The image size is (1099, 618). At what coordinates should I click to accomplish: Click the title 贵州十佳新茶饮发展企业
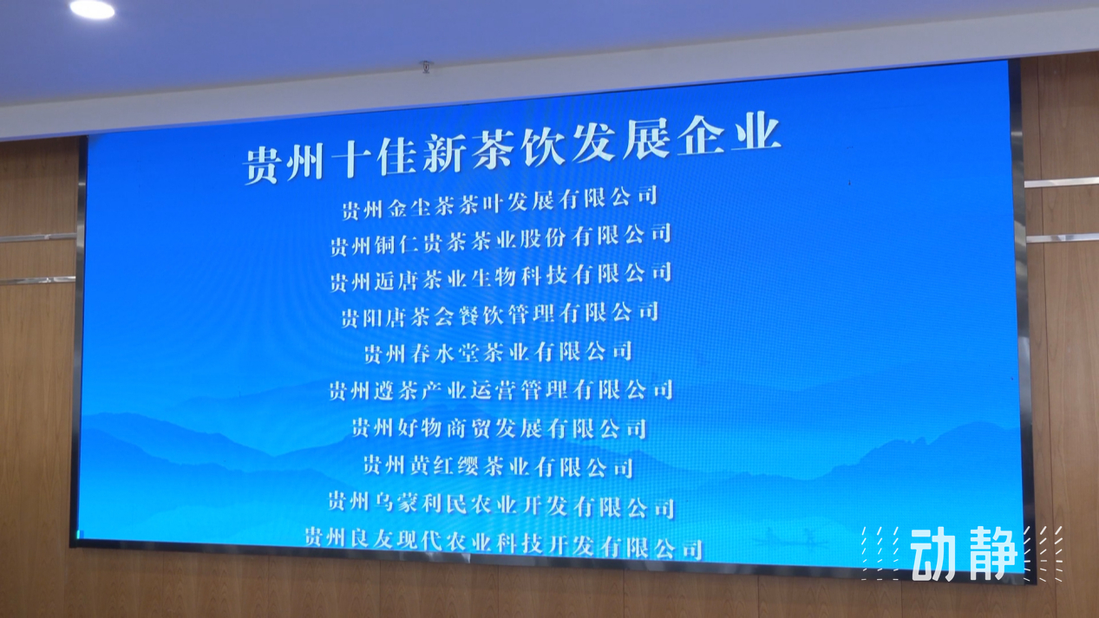(x=513, y=148)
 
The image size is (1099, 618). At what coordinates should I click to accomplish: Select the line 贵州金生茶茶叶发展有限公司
(x=500, y=203)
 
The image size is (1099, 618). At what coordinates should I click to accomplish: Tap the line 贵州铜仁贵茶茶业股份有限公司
(x=500, y=240)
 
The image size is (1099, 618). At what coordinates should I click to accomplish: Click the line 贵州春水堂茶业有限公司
(x=498, y=353)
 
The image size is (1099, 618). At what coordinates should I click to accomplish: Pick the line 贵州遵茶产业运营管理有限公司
(x=501, y=391)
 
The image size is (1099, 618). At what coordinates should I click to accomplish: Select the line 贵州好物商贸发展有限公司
(x=500, y=428)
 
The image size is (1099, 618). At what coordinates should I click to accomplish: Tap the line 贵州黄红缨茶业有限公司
(x=499, y=466)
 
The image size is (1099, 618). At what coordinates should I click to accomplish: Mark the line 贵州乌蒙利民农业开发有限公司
(x=501, y=505)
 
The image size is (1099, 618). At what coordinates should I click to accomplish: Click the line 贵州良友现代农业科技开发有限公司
(x=504, y=543)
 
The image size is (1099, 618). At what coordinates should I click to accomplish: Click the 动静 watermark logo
(x=962, y=554)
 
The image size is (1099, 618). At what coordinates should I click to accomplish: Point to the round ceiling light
(x=92, y=10)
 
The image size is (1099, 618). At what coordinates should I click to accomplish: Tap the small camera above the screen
(x=426, y=67)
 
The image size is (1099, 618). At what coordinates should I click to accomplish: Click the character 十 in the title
(x=350, y=159)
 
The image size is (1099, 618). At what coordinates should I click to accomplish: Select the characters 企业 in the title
(x=729, y=133)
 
